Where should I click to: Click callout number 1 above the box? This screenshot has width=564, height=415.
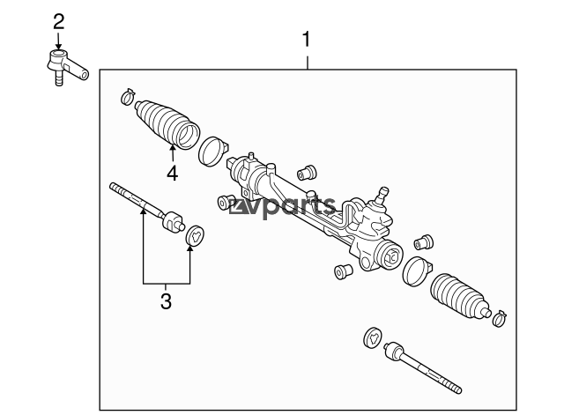click(x=307, y=40)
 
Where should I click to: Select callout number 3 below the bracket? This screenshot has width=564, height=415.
click(x=166, y=302)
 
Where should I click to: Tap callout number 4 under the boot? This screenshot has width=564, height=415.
click(x=172, y=173)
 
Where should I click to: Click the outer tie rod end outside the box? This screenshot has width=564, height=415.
click(x=64, y=65)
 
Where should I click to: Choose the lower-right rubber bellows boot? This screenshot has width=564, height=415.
click(x=460, y=293)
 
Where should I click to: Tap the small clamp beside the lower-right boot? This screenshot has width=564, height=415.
click(x=500, y=314)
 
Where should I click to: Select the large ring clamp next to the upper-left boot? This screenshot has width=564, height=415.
click(x=211, y=150)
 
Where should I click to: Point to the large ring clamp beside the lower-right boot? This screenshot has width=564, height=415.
click(x=415, y=271)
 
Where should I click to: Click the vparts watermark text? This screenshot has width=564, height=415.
click(x=282, y=207)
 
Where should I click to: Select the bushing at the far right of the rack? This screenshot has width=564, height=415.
click(x=424, y=240)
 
